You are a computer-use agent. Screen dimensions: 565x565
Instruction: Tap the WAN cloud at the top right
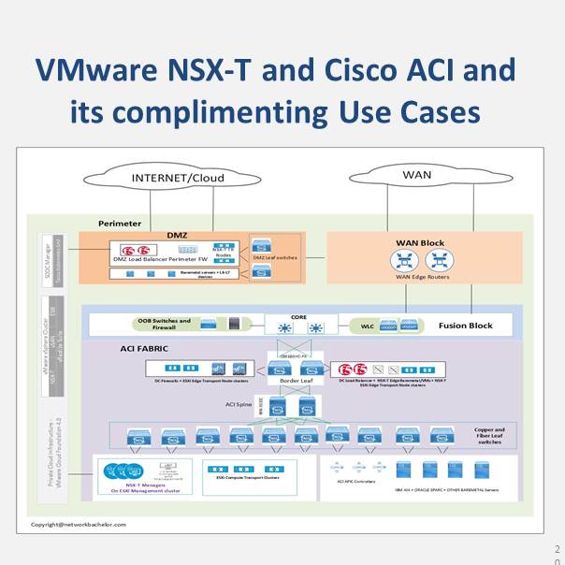416,175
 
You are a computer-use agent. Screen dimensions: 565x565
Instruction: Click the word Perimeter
121,224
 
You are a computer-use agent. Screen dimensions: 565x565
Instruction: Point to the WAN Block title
420,242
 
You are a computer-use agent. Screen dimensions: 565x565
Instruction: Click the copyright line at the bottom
79,524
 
